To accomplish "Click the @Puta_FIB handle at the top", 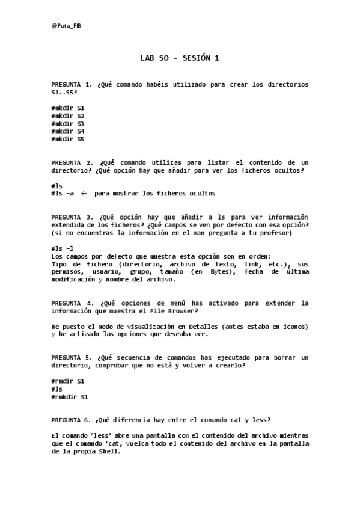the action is pyautogui.click(x=66, y=26).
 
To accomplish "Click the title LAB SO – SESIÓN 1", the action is pyautogui.click(x=179, y=58).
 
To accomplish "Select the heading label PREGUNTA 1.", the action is pyautogui.click(x=72, y=85).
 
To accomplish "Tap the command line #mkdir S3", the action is pyautogui.click(x=68, y=123).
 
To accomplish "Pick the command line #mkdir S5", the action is pyautogui.click(x=68, y=139).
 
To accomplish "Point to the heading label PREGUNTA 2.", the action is pyautogui.click(x=72, y=162).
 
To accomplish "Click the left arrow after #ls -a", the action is pyautogui.click(x=84, y=194).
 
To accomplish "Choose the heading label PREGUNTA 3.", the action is pyautogui.click(x=72, y=217).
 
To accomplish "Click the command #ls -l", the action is pyautogui.click(x=63, y=248).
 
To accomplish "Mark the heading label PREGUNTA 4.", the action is pyautogui.click(x=72, y=303).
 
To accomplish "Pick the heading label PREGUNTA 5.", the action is pyautogui.click(x=72, y=358).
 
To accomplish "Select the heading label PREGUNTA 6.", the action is pyautogui.click(x=72, y=420).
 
